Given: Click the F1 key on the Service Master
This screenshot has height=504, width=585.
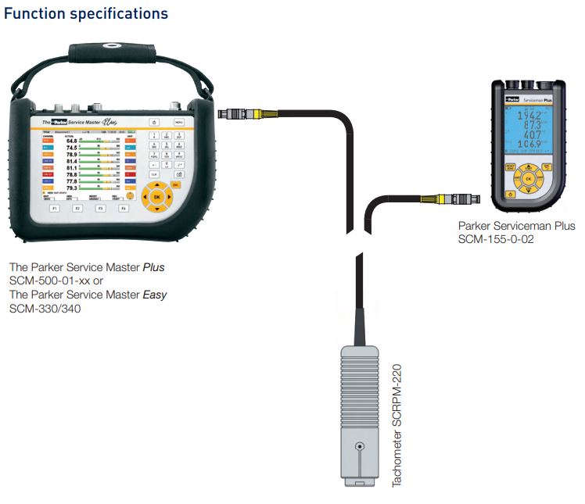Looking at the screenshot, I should (55, 209).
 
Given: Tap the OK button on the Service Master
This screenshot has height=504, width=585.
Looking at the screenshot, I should (157, 197).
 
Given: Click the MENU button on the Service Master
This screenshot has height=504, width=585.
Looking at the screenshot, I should (179, 123).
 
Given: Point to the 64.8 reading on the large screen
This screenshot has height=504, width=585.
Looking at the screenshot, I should (72, 141).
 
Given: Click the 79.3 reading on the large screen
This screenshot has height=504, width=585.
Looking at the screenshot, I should (71, 188).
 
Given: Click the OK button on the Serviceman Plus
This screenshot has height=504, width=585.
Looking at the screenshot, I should (528, 180).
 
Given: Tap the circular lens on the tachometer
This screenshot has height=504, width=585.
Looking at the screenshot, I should (359, 448).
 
